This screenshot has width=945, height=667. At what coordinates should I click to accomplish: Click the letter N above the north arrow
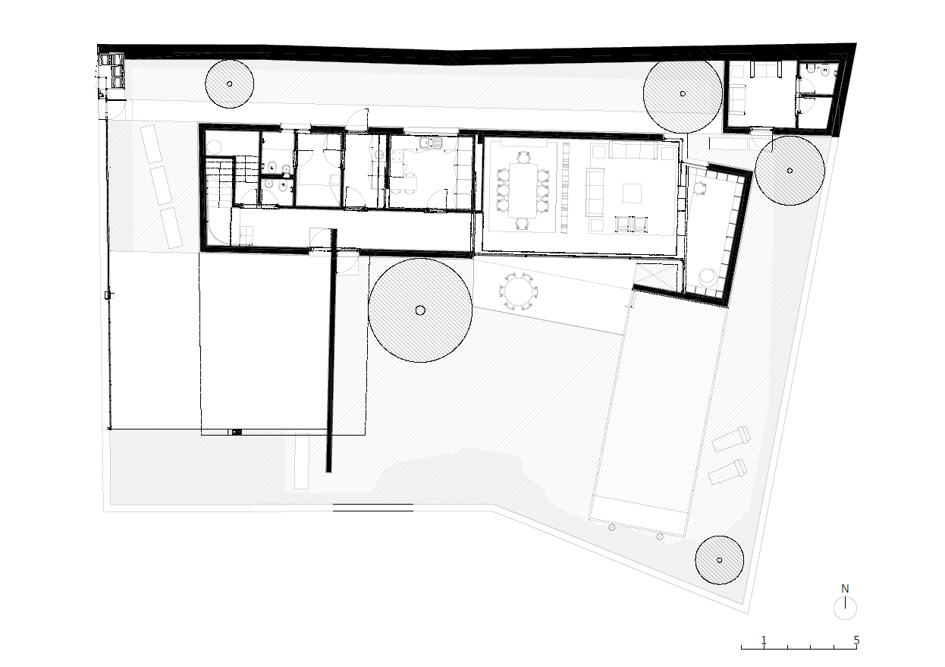(x=845, y=589)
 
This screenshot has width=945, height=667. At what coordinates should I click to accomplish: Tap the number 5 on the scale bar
(x=856, y=640)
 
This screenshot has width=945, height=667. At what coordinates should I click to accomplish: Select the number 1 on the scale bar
(x=764, y=640)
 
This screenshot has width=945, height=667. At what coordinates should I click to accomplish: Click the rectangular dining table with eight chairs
(x=523, y=190)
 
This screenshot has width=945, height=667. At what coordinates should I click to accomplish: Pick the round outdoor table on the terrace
(x=519, y=291)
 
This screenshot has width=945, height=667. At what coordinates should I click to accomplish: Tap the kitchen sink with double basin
(x=431, y=143)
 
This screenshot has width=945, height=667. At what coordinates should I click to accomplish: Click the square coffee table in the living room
(x=632, y=193)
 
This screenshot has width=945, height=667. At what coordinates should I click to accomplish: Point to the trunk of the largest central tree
(x=420, y=310)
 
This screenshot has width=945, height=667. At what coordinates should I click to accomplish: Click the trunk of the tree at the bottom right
(x=719, y=560)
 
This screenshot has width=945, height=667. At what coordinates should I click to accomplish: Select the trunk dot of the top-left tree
(x=230, y=83)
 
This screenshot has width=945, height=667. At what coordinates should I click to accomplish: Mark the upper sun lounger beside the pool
(x=731, y=439)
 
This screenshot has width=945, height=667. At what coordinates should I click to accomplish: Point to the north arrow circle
(x=845, y=609)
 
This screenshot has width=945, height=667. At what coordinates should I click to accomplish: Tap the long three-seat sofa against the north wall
(x=632, y=149)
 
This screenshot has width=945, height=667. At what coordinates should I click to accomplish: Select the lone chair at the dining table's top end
(x=523, y=158)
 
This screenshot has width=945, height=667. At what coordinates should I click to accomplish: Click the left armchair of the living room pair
(x=623, y=224)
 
